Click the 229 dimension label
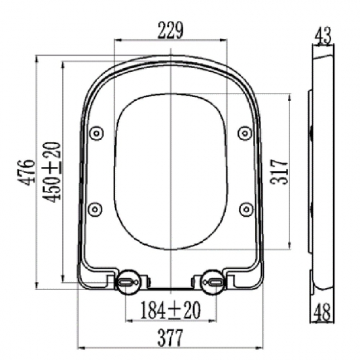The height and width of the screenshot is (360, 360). point(170,31)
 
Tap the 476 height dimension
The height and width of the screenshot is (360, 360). point(27,172)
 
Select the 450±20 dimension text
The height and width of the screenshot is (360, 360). point(52,172)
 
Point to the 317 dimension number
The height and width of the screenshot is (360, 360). point(279,171)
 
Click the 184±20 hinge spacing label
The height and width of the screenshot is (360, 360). point(170,310)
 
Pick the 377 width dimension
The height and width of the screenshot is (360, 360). point(170,338)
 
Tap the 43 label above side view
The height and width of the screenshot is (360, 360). point(323,36)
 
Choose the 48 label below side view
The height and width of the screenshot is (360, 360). point(322,312)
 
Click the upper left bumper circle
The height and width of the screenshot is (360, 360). point(96,133)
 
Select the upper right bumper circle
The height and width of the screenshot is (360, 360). point(245,133)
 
